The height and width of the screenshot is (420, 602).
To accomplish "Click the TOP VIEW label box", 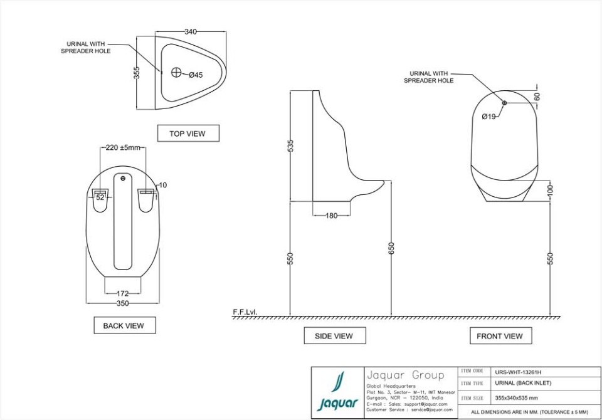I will coord(187,134).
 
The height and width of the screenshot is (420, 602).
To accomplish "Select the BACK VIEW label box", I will coord(124,325).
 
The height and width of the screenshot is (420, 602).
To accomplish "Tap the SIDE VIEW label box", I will coord(334,336).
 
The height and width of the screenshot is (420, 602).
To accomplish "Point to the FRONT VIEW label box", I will coord(500,336).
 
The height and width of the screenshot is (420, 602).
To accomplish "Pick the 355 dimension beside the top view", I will coord(137,73).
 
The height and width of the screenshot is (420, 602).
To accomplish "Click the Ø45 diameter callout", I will coord(196,75).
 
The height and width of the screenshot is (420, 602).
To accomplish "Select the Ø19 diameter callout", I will coord(489,117).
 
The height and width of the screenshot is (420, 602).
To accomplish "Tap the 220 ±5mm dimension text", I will coord(123,148).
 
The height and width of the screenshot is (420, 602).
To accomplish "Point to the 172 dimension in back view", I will coord(123,293).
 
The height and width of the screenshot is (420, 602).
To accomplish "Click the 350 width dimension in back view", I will coord(123,303).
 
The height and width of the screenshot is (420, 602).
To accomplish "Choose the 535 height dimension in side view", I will coord(291,146).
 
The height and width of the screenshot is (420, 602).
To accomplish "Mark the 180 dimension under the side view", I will coord(332,216).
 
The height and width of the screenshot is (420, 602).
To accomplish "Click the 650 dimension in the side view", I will coord(392,248).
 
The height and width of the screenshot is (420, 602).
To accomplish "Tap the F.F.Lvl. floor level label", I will coord(245,312).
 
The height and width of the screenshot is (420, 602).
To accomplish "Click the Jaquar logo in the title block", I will coord(338,392).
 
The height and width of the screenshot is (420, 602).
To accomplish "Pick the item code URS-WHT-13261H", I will coord(518,372).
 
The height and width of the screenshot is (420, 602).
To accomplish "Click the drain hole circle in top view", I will coord(176,73).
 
